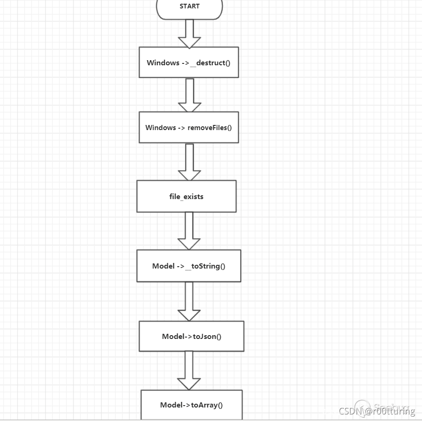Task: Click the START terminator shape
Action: tap(189, 7)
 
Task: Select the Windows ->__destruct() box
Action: tap(189, 62)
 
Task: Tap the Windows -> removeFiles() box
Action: tap(189, 127)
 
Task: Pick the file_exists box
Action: tap(186, 196)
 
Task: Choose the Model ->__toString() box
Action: tap(189, 266)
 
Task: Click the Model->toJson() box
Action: tap(191, 336)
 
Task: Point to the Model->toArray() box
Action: tap(191, 405)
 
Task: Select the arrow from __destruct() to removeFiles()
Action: tap(189, 95)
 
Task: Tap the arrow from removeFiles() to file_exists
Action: tap(189, 162)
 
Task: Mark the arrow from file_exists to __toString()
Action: tap(189, 231)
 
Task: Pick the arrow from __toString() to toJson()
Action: tap(189, 301)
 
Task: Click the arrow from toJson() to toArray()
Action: tap(189, 370)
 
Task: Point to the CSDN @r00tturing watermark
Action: tap(377, 411)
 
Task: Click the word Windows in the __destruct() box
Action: tap(163, 62)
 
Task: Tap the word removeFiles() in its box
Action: tap(210, 127)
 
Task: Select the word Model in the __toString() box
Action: tap(163, 266)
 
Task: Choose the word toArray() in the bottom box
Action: tap(207, 405)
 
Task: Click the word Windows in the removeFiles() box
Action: tap(161, 127)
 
